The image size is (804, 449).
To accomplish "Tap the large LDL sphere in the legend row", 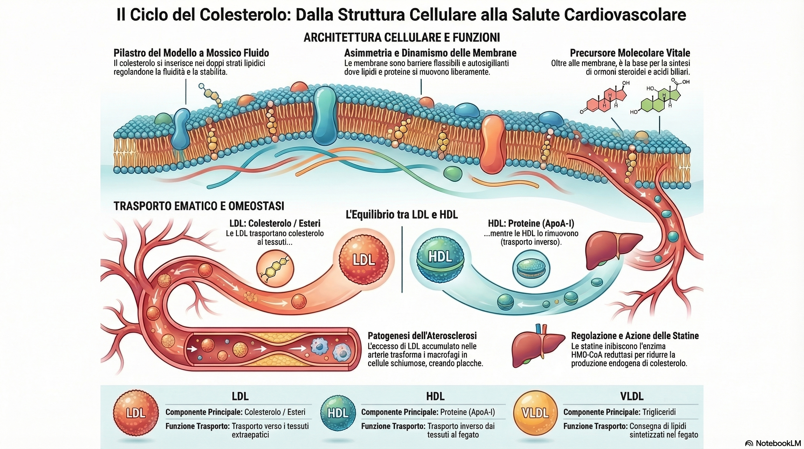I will tap(136, 413).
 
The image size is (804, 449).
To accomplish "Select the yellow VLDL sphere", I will tap(536, 413).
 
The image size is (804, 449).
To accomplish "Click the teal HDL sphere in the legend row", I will tap(338, 413).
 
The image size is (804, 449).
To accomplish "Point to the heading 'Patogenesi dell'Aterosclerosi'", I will tap(422, 336).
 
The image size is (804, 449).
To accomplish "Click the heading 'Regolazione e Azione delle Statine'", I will tap(635, 336).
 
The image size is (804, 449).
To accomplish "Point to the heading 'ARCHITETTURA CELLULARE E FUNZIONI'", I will tap(402, 37).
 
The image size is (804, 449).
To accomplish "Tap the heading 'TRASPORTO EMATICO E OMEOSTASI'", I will tap(199, 206).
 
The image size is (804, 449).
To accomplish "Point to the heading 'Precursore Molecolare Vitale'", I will tap(630, 53).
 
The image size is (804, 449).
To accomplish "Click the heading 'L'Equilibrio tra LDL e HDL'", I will tap(402, 215).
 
